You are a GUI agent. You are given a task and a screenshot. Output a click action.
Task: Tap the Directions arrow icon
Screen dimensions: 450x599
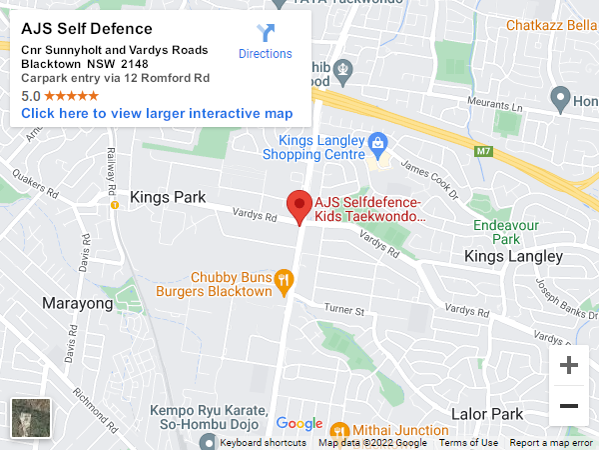tap(266, 33)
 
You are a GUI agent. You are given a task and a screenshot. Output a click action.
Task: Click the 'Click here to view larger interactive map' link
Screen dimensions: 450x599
tap(157, 113)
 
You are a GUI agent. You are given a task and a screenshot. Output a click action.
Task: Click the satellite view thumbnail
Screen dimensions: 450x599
tap(30, 418)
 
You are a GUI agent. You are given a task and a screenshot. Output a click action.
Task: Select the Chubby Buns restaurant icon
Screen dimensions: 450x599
tap(285, 281)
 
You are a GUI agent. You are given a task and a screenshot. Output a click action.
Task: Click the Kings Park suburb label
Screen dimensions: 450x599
tap(168, 197)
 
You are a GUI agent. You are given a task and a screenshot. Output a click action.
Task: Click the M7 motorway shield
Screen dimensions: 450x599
tap(484, 151)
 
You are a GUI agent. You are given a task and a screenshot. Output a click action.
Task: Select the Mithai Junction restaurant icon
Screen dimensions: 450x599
tap(337, 431)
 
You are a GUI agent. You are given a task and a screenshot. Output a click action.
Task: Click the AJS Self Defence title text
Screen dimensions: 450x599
tap(87, 29)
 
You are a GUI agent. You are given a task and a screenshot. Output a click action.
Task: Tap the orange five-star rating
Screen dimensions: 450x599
tap(71, 96)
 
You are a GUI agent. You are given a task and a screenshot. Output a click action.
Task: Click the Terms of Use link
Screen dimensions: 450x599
tap(468, 443)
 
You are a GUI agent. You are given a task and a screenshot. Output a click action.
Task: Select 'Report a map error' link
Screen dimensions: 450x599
tap(551, 443)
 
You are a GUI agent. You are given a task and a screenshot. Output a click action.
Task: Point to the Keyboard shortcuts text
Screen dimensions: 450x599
tap(263, 443)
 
